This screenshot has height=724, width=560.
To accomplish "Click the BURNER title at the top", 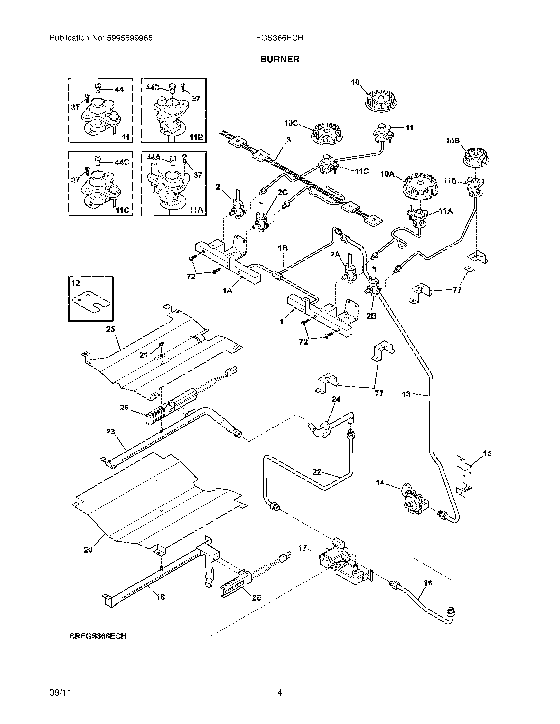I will click(x=280, y=59).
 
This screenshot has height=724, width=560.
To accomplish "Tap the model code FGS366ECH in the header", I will click(x=279, y=38).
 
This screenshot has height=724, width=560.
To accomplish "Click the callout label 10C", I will click(x=291, y=123).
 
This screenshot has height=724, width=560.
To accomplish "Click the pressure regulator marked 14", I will click(x=413, y=506).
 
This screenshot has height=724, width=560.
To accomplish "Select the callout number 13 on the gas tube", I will click(x=406, y=394).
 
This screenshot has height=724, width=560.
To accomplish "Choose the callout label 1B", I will click(x=283, y=248).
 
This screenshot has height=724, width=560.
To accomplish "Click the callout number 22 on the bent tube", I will click(x=317, y=471).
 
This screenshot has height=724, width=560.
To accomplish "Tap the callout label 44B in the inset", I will click(x=153, y=87).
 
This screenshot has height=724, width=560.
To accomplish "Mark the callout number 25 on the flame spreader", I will click(x=110, y=329).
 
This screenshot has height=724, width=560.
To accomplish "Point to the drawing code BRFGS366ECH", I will click(x=98, y=636).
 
